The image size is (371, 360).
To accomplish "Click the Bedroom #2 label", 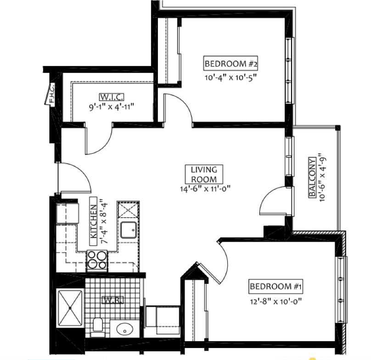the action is click(230, 63).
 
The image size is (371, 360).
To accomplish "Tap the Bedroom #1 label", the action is click(275, 286).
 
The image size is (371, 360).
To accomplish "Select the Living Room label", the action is click(204, 174).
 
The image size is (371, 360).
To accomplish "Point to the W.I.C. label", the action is click(112, 97).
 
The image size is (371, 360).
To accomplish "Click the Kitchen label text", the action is click(94, 221).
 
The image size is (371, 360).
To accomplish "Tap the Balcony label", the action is click(312, 177).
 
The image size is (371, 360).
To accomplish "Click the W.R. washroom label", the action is click(112, 300).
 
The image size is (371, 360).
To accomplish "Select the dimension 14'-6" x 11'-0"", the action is click(205, 188).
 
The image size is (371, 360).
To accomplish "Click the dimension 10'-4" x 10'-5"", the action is click(230, 78).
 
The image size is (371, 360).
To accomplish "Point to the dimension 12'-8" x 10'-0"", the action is click(276, 302).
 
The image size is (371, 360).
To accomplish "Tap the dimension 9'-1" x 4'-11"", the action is click(112, 107).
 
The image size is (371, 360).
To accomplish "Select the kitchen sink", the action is click(129, 230).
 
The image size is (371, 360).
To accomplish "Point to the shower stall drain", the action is click(70, 308).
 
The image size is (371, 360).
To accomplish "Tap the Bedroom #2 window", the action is click(290, 70).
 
